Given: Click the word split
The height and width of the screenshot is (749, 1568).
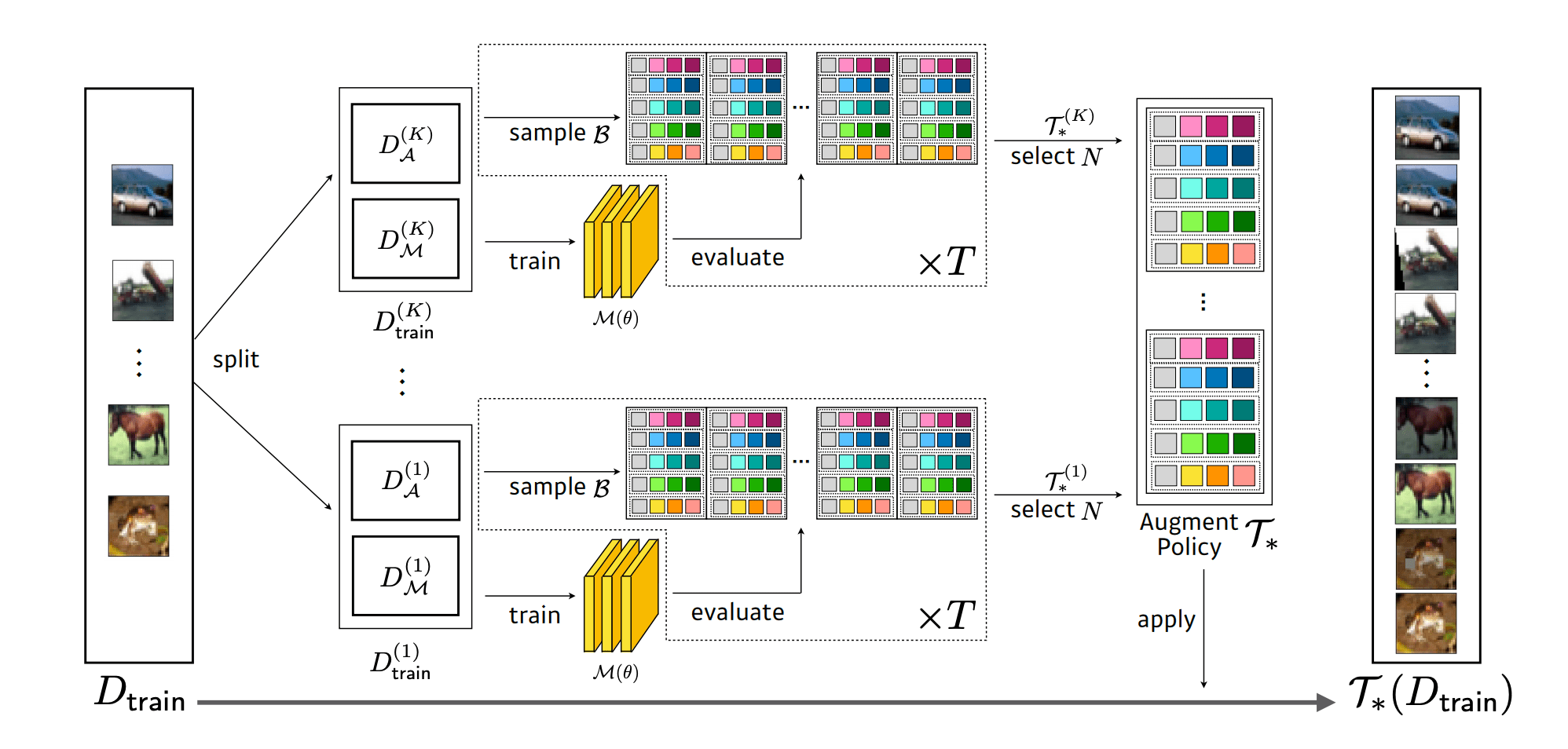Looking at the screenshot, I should pyautogui.click(x=236, y=360).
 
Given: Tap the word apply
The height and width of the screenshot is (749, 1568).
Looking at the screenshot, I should pyautogui.click(x=1166, y=620).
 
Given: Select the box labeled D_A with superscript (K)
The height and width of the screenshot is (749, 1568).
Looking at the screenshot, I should pyautogui.click(x=405, y=144).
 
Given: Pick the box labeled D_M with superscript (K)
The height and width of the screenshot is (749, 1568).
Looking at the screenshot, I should pyautogui.click(x=405, y=239).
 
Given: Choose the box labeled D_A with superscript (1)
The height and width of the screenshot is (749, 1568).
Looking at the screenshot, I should pyautogui.click(x=405, y=480).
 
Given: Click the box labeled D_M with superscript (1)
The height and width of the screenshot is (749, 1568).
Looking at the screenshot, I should pyautogui.click(x=405, y=576).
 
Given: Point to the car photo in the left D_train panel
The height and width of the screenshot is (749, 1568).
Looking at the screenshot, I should pyautogui.click(x=142, y=195).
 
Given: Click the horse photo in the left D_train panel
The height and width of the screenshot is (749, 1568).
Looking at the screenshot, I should pyautogui.click(x=138, y=435).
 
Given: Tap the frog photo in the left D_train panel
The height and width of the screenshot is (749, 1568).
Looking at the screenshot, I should pyautogui.click(x=138, y=526).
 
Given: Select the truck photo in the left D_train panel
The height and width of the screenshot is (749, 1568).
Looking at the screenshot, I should pyautogui.click(x=142, y=290).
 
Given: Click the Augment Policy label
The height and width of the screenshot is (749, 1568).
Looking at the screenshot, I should pyautogui.click(x=1189, y=535).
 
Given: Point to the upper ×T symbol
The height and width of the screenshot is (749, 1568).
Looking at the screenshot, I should pyautogui.click(x=947, y=261).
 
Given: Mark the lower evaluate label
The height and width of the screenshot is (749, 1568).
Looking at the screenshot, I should pyautogui.click(x=738, y=612).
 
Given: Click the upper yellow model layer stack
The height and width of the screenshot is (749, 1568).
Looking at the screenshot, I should pyautogui.click(x=621, y=242).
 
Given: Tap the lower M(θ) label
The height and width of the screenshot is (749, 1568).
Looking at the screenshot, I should pyautogui.click(x=615, y=672).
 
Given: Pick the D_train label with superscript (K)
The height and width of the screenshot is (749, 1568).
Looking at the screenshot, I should pyautogui.click(x=404, y=321).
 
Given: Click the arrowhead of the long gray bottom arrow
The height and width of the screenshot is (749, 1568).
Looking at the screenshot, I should pyautogui.click(x=1325, y=702).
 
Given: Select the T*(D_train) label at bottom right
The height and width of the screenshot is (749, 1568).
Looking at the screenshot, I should pyautogui.click(x=1430, y=695).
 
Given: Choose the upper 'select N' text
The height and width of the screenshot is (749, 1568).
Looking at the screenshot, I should pyautogui.click(x=1056, y=157).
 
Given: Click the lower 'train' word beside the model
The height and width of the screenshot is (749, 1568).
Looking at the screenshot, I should pyautogui.click(x=534, y=616).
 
